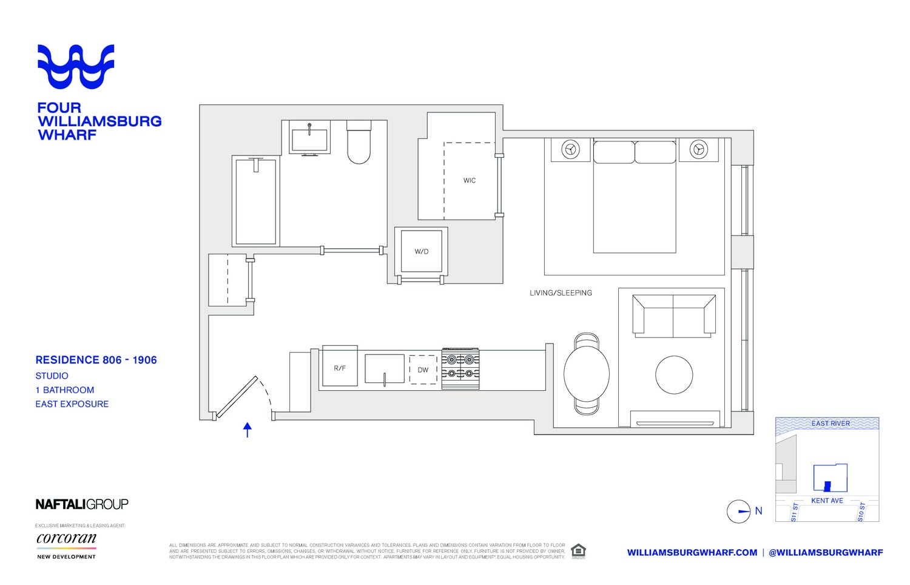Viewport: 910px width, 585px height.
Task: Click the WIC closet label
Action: (469, 180)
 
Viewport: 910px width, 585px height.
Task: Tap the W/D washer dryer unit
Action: (421, 251)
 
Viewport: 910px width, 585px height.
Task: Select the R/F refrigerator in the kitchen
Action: (340, 368)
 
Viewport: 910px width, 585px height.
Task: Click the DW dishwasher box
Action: (423, 370)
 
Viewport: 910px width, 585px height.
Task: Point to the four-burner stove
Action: (460, 368)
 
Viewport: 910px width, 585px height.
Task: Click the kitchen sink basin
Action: (384, 369)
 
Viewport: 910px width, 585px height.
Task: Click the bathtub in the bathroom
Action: (256, 201)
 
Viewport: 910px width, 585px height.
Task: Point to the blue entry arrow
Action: (248, 430)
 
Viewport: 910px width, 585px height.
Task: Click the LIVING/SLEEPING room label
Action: (561, 292)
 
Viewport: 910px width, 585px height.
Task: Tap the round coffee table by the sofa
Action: (673, 375)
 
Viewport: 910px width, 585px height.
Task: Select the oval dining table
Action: (587, 374)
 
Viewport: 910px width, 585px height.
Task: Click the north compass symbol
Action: (739, 512)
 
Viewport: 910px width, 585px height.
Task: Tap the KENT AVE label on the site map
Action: (827, 501)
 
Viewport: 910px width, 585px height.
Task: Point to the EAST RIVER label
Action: (831, 424)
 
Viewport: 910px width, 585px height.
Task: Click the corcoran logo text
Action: (66, 538)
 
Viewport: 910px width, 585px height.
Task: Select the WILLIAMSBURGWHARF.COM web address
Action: (692, 552)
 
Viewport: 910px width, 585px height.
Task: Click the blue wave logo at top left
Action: (76, 66)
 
